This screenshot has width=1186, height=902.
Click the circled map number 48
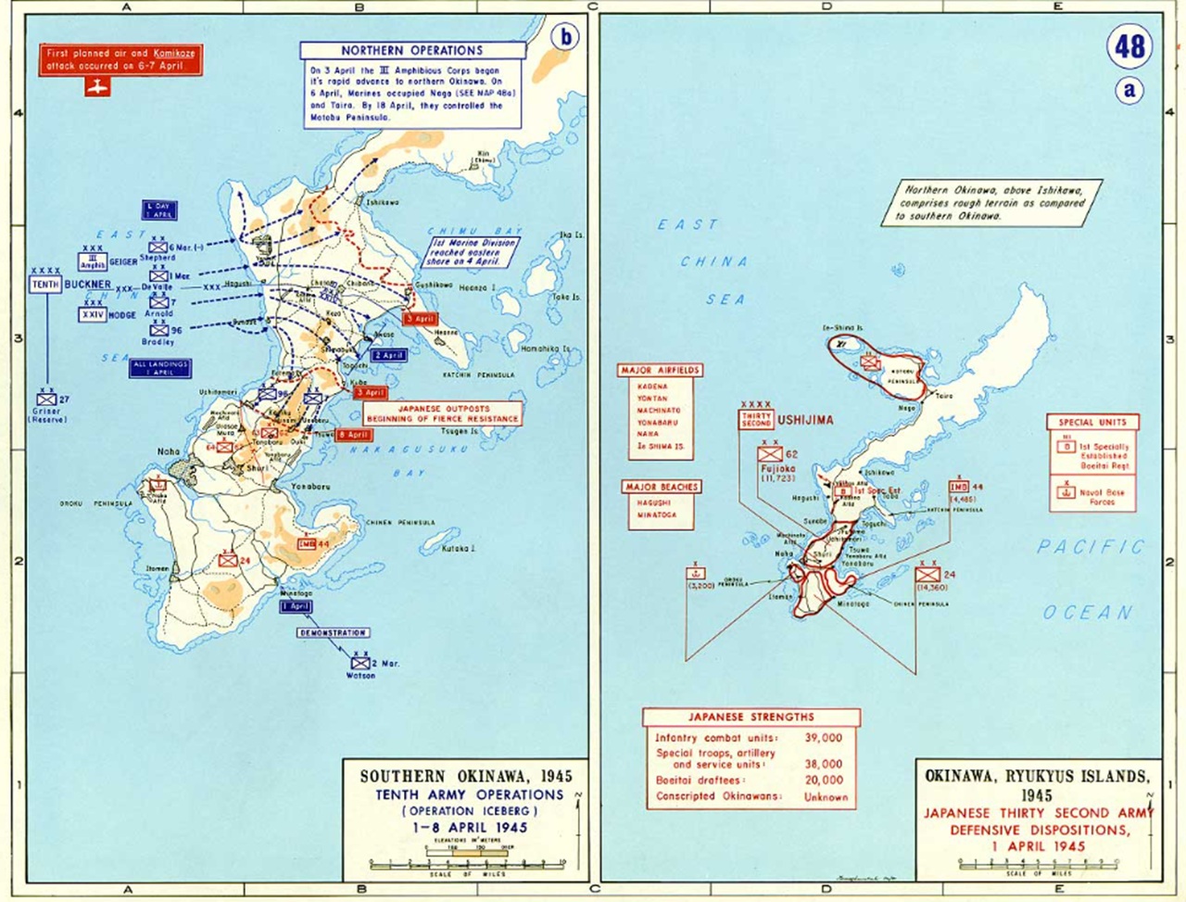[x=1129, y=46]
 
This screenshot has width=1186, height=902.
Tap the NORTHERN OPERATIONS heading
[x=411, y=50]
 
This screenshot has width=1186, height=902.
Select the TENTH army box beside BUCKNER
[x=45, y=285]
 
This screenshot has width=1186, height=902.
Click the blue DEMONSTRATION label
[x=334, y=632]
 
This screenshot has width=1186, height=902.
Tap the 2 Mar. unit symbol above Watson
[x=360, y=663]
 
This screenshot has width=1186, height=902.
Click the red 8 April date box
[x=354, y=435]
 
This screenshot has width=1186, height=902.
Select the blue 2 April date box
[x=389, y=355]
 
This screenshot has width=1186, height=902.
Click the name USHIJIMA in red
[x=805, y=419]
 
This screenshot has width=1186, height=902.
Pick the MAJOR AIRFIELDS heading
[x=661, y=370]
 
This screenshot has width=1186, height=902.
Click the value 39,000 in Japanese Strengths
[x=824, y=737]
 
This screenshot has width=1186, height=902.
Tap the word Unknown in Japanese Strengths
[x=826, y=796]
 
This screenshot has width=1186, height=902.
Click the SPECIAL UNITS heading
[x=1093, y=422]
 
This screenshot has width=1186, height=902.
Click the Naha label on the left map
[x=168, y=451]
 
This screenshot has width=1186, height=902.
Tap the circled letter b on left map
[x=564, y=37]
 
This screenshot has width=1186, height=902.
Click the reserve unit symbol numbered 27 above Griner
[x=48, y=399]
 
